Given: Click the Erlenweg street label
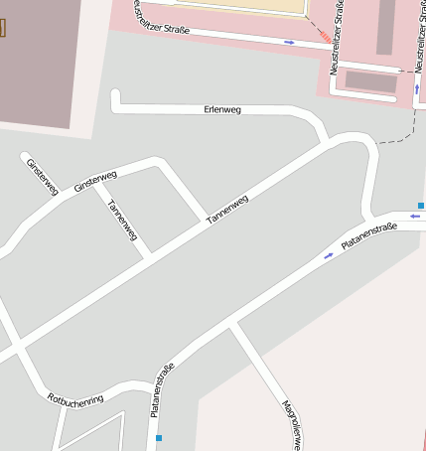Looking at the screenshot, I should point(222,108).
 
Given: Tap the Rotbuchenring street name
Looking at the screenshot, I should point(75,399).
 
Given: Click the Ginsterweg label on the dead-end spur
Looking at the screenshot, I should point(43,176).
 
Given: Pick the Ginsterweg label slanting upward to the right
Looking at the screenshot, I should point(95,182).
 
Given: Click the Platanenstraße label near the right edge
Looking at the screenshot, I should point(368,236).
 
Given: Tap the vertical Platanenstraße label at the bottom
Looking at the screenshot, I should point(162,390).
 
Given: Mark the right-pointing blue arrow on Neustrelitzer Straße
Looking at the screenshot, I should point(289,42).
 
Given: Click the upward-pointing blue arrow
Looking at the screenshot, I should point(416,88).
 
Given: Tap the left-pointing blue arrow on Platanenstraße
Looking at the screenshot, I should point(414,216).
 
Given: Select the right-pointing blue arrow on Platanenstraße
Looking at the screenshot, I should point(329,256).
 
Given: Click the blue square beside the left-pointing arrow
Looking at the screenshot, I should point(421,206).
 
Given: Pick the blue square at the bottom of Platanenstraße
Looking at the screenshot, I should point(158,437).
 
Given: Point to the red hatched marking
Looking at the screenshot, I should point(324,36).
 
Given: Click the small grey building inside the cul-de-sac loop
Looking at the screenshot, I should point(369,81).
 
